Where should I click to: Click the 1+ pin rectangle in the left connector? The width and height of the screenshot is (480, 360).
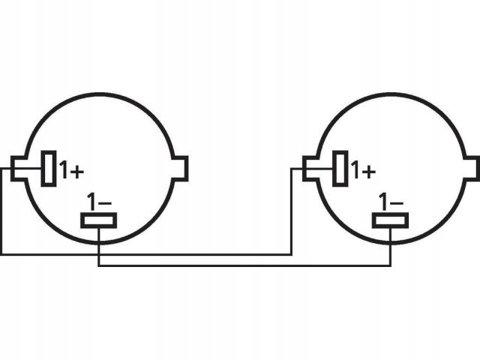(49, 168)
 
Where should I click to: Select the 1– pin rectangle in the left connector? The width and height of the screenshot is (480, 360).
(98, 220)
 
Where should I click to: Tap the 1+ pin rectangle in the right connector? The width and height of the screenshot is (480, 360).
(340, 168)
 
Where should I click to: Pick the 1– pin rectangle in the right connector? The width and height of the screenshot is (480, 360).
(390, 220)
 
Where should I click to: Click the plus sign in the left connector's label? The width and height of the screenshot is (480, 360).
(76, 172)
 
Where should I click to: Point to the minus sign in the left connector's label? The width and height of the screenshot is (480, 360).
(105, 203)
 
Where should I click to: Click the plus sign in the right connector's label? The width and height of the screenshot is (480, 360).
(368, 172)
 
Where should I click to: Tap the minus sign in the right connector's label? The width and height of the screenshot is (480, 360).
(397, 203)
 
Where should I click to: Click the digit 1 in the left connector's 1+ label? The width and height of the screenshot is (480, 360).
(64, 169)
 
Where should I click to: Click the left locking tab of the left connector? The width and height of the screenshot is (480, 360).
(19, 168)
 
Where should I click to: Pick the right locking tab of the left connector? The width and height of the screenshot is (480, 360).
(181, 168)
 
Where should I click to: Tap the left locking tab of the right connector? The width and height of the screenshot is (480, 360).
(310, 168)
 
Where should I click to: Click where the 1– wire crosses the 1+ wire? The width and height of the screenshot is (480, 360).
(98, 254)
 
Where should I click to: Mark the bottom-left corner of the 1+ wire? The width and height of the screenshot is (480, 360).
(1, 254)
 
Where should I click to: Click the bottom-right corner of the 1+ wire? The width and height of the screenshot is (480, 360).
(292, 254)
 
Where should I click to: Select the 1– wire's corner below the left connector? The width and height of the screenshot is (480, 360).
(98, 266)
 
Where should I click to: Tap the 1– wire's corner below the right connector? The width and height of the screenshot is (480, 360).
(391, 266)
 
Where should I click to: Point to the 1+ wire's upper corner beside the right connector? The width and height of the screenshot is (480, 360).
(292, 168)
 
